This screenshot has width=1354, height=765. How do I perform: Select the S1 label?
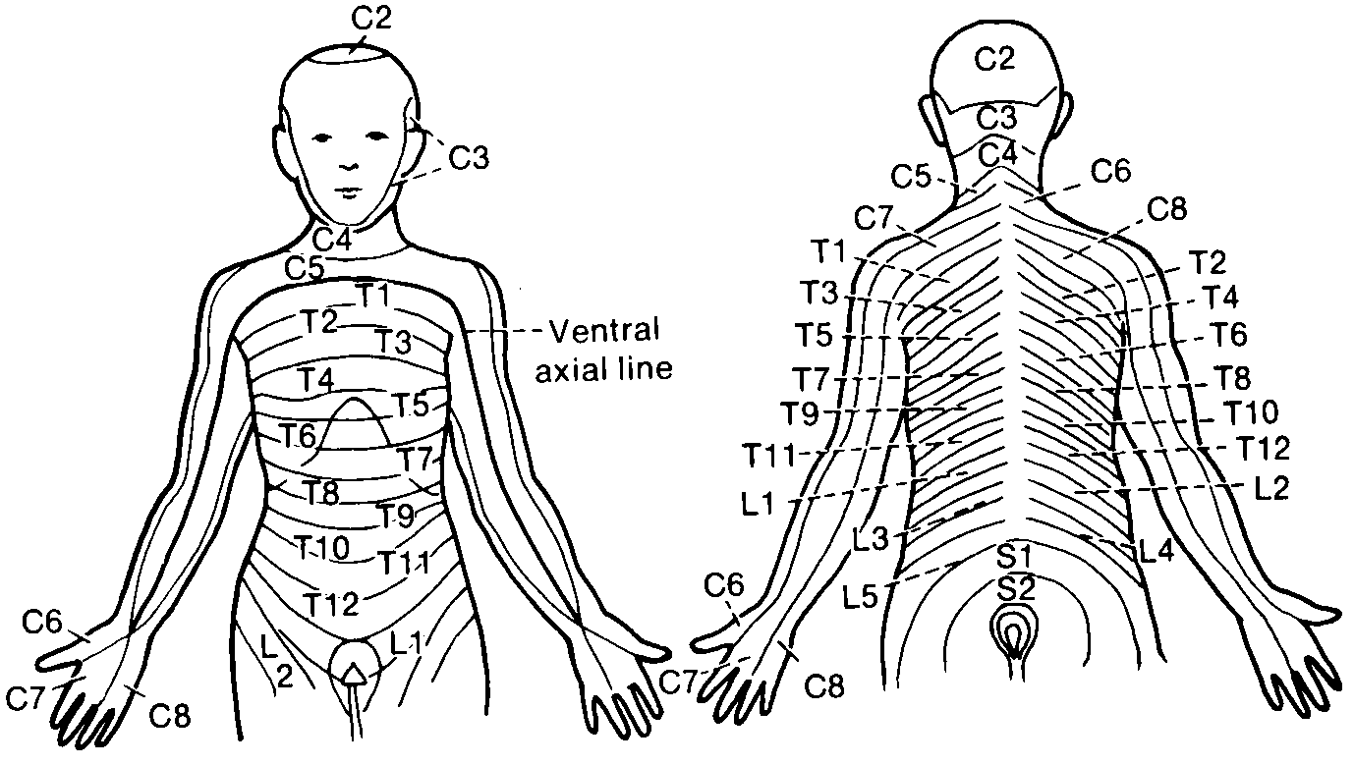(x=1013, y=558)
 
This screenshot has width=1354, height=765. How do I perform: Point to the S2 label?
(x=1013, y=588)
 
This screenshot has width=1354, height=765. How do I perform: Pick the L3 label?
(x=871, y=538)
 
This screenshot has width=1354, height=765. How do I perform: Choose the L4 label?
(x=1156, y=551)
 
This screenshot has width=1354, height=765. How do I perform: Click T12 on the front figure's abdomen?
(x=330, y=601)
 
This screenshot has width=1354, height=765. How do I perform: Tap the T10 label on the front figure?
(x=322, y=548)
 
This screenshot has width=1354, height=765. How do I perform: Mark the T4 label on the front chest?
(x=316, y=379)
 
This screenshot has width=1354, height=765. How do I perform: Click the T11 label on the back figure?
(x=772, y=455)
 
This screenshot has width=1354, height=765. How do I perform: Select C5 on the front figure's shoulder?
(x=305, y=267)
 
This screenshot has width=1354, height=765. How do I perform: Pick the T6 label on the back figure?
(x=1229, y=335)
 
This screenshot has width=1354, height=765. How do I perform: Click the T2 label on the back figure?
(x=1209, y=262)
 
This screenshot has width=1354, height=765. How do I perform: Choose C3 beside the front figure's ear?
(x=469, y=156)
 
